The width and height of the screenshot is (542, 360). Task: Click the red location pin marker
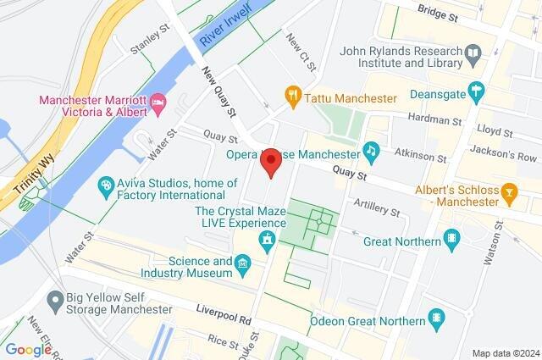tap(270, 163)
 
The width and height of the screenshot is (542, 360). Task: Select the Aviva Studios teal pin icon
tap(106, 182)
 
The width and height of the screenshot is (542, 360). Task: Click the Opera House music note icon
tap(370, 151)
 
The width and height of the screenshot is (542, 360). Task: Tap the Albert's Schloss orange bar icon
tap(509, 193)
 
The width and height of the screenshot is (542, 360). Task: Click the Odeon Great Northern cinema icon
tap(436, 320)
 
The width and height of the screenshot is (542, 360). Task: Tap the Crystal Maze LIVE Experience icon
tap(268, 240)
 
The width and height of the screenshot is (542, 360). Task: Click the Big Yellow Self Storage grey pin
tap(55, 298)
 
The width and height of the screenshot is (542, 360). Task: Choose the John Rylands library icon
tap(473, 53)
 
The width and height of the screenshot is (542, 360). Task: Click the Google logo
tap(29, 349)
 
